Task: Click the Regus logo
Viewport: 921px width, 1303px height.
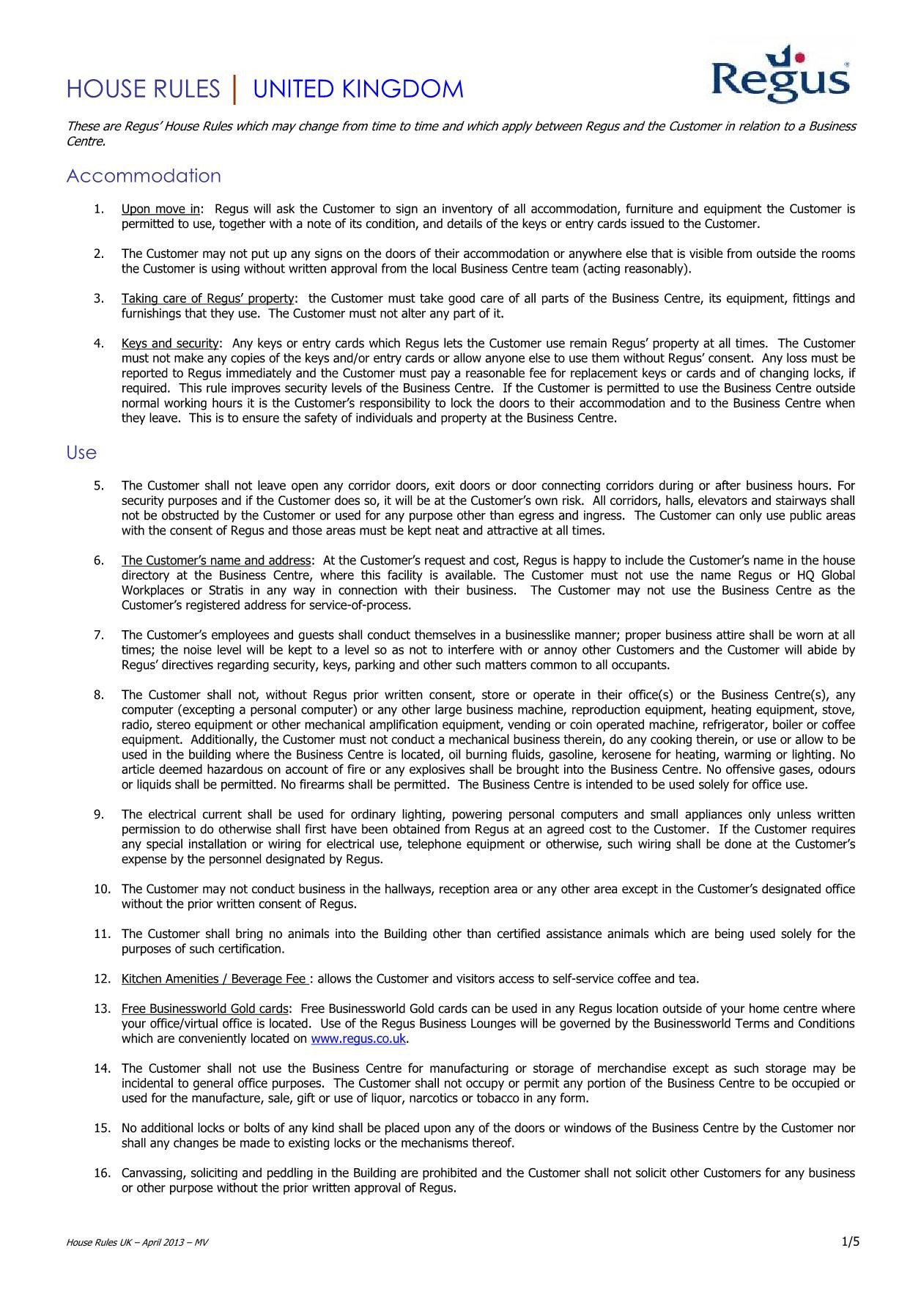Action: click(x=780, y=74)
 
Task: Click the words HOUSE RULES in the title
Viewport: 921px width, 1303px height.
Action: click(x=143, y=89)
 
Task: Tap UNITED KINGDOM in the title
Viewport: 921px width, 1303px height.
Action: click(x=358, y=89)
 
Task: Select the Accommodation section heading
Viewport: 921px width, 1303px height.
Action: click(x=144, y=177)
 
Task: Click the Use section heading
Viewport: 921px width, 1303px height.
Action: click(x=81, y=453)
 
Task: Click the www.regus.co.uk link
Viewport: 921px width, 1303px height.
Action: click(x=358, y=1039)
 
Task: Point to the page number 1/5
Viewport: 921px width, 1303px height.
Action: click(x=850, y=1241)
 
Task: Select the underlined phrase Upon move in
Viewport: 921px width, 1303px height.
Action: click(x=160, y=210)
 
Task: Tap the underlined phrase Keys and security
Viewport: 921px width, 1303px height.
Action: click(x=170, y=344)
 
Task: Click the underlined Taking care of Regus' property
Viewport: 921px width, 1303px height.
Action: click(x=208, y=299)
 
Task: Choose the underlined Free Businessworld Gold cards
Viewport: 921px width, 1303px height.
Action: click(x=205, y=1009)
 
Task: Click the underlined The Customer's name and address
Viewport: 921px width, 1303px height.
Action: click(x=216, y=561)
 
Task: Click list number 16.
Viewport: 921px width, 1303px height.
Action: click(x=102, y=1173)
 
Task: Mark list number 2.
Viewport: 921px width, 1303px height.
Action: click(x=98, y=254)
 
